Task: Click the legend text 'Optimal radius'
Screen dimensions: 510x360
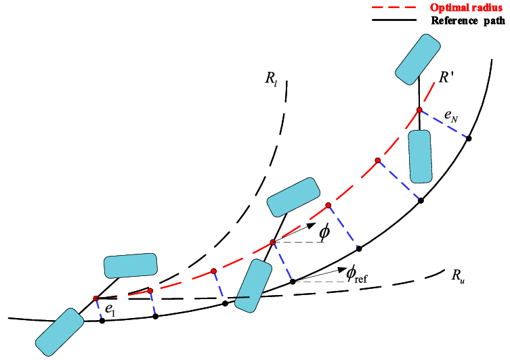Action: click(466, 7)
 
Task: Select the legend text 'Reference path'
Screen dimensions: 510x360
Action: click(468, 20)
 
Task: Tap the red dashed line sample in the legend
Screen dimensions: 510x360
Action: click(394, 7)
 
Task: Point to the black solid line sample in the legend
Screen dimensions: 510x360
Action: click(394, 20)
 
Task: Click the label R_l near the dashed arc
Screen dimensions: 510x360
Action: click(271, 78)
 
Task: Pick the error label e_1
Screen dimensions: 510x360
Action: click(110, 311)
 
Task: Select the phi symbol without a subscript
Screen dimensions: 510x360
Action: click(324, 232)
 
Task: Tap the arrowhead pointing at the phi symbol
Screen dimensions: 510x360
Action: click(312, 225)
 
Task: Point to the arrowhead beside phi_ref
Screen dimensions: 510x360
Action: click(343, 269)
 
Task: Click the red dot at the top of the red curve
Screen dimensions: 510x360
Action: click(419, 110)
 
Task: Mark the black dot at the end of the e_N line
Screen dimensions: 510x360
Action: click(469, 139)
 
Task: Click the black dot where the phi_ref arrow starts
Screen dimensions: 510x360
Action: click(293, 282)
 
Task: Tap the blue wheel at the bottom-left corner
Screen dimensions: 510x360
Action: click(60, 332)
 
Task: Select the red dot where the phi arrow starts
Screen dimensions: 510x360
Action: click(273, 242)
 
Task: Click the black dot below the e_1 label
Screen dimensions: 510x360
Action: click(102, 321)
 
